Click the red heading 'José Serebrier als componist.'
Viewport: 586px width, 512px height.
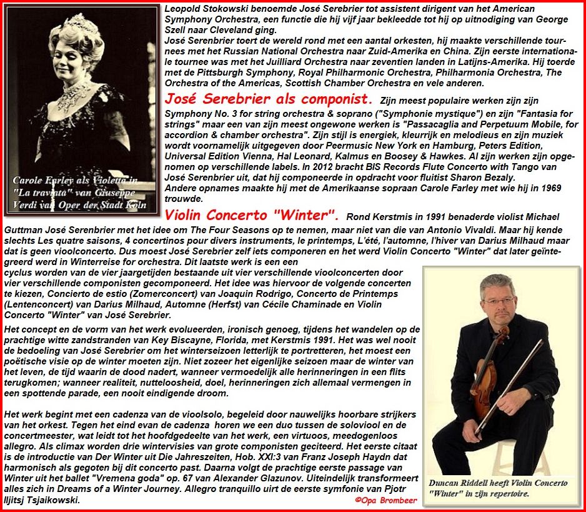click(268, 99)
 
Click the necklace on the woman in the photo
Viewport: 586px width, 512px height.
click(73, 94)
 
